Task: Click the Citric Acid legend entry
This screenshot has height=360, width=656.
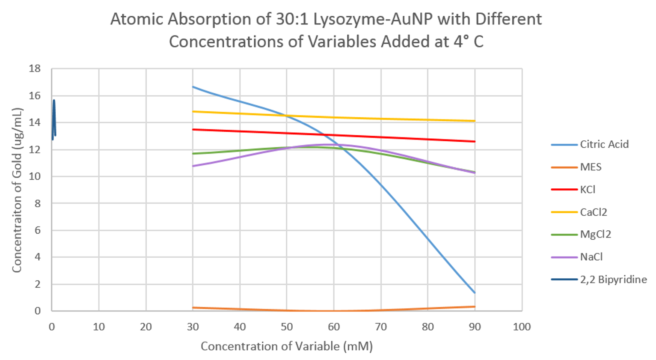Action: pos(604,144)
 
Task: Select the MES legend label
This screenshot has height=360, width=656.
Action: pos(591,167)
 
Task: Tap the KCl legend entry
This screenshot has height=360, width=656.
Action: pos(588,190)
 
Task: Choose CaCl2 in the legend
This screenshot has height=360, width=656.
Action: pos(594,212)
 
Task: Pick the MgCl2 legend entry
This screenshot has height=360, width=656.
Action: pos(595,234)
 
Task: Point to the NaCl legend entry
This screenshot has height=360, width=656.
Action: pos(591,257)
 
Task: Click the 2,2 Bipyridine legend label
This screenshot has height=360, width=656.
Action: pos(613,280)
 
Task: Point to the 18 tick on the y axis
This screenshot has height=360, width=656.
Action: pos(35,68)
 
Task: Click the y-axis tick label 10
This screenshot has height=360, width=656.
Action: pos(35,176)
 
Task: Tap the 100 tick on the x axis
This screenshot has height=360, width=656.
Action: pos(522,327)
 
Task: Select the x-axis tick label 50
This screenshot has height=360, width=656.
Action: pos(287,327)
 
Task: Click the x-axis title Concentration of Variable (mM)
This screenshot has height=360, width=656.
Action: pos(287,346)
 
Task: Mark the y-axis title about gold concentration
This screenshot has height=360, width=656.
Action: pos(17,190)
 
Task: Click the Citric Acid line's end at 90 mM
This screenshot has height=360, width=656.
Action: pos(475,293)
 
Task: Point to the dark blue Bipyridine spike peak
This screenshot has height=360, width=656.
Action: pos(54,101)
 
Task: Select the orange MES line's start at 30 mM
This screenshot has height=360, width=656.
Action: pos(193,307)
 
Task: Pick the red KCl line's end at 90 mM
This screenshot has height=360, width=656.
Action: pos(475,141)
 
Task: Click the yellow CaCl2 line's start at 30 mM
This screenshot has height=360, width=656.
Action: pos(193,111)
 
